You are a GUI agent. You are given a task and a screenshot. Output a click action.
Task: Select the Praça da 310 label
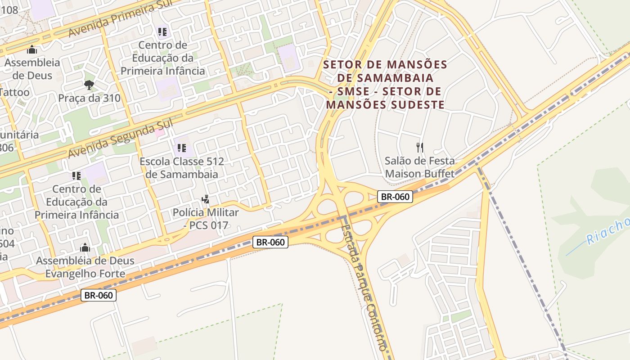90,98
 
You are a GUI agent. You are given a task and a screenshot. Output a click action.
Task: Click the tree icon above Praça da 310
89,84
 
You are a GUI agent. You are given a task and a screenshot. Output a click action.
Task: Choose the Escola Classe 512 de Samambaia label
182,168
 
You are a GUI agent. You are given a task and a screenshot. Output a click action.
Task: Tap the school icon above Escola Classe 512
182,148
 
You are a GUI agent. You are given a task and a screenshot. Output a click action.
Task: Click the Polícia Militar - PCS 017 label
206,218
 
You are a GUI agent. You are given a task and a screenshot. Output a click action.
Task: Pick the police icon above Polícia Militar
206,198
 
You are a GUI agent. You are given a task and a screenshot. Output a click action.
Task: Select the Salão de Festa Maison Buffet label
420,167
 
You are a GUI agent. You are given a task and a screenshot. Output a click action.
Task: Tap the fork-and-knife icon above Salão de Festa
420,147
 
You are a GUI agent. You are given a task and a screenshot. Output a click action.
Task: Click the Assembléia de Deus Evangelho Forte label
85,267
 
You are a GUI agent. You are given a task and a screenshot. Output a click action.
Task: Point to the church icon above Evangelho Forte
85,247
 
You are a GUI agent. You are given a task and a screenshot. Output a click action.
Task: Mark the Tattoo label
14,92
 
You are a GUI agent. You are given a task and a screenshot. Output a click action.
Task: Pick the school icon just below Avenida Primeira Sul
162,32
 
